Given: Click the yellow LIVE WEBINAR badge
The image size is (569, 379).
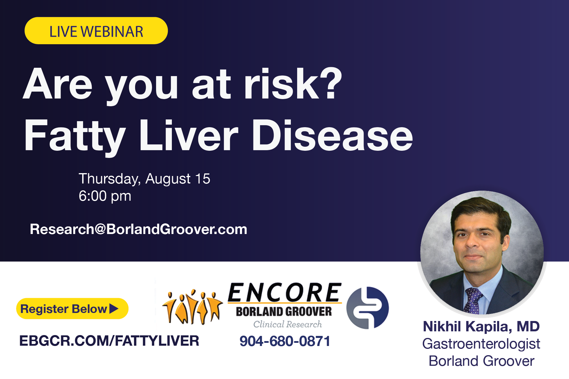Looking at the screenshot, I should pos(96,31).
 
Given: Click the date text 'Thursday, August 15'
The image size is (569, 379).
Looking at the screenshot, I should pos(144,179).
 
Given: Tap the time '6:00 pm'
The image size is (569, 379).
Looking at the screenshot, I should pos(105,196).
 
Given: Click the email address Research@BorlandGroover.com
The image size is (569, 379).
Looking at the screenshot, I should pos(138,229).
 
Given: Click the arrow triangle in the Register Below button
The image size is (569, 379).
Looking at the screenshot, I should pos(114,309).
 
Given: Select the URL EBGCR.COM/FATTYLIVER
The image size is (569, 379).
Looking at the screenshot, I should pos(109,341).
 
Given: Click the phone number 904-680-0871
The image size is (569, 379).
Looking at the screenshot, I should pos(285,341).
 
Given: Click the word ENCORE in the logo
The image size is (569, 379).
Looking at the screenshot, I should pos(284,293).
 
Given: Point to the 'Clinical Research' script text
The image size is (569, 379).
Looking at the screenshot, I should pos(287,324).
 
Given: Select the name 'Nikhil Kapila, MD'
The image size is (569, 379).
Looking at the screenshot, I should pos(481,326).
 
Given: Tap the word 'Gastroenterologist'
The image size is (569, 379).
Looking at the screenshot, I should pos(481,344).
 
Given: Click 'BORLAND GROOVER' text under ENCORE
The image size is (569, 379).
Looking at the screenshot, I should pos(284,312).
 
